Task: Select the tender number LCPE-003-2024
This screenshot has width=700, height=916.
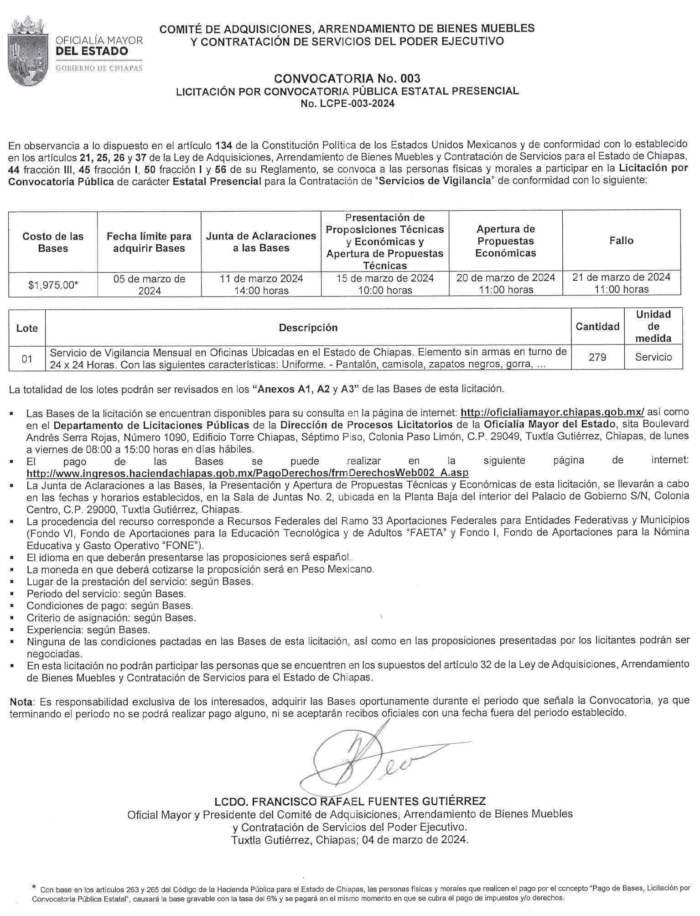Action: coord(347,103)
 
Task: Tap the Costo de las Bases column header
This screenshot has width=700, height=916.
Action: coord(53,242)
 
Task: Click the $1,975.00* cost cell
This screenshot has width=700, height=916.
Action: coord(53,285)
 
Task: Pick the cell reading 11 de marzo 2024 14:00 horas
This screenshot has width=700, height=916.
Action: coord(261,284)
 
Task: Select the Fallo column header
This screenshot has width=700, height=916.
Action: coord(621,240)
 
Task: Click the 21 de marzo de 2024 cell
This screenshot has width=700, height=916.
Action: coord(621,283)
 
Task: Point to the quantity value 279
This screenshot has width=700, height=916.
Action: coord(597,357)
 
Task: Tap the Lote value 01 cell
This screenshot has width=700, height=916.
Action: coord(27,359)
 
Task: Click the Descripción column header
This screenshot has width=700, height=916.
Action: coord(308,328)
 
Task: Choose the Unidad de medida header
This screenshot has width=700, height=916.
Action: coord(653,326)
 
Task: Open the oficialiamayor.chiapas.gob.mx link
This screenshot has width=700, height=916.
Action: coord(552,412)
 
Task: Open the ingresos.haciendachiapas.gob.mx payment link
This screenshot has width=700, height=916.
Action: coord(248,472)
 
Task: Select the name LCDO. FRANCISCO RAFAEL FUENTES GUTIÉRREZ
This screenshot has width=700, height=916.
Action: coord(350,801)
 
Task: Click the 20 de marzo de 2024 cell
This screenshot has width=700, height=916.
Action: coord(505,283)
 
